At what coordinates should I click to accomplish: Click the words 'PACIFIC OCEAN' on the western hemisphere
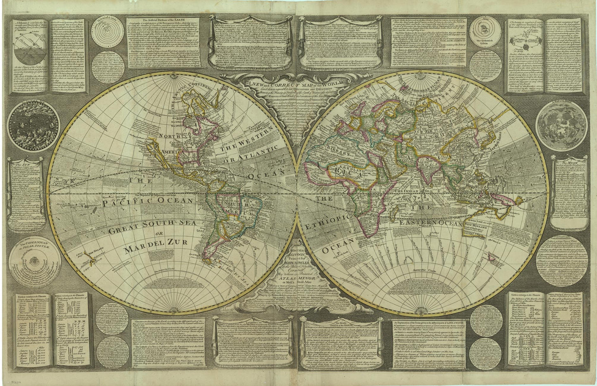pyautogui.click(x=148, y=201)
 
